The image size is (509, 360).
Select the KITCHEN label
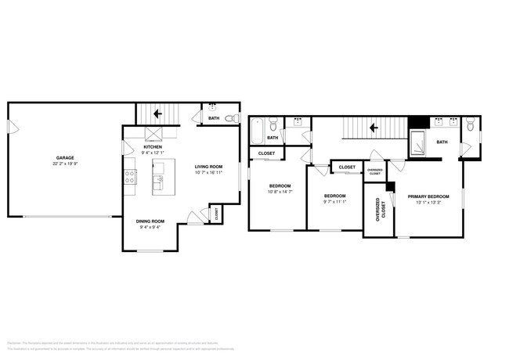tap(152, 146)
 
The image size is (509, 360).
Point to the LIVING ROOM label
tap(209, 166)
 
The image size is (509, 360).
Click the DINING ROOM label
tap(151, 221)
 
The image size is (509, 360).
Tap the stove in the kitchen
tap(129, 177)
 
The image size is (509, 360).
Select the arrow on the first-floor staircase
tap(157, 113)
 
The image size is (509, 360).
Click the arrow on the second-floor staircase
tap(374, 125)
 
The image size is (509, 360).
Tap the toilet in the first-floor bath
tap(230, 119)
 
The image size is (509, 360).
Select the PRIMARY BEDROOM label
tap(429, 196)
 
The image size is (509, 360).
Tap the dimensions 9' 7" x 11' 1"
tap(335, 201)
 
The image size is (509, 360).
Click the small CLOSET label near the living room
tap(215, 212)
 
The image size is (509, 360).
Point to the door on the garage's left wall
tap(9, 127)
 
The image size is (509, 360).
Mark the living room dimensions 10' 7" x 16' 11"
tap(209, 172)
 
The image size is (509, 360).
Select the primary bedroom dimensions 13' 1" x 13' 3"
tap(429, 202)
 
